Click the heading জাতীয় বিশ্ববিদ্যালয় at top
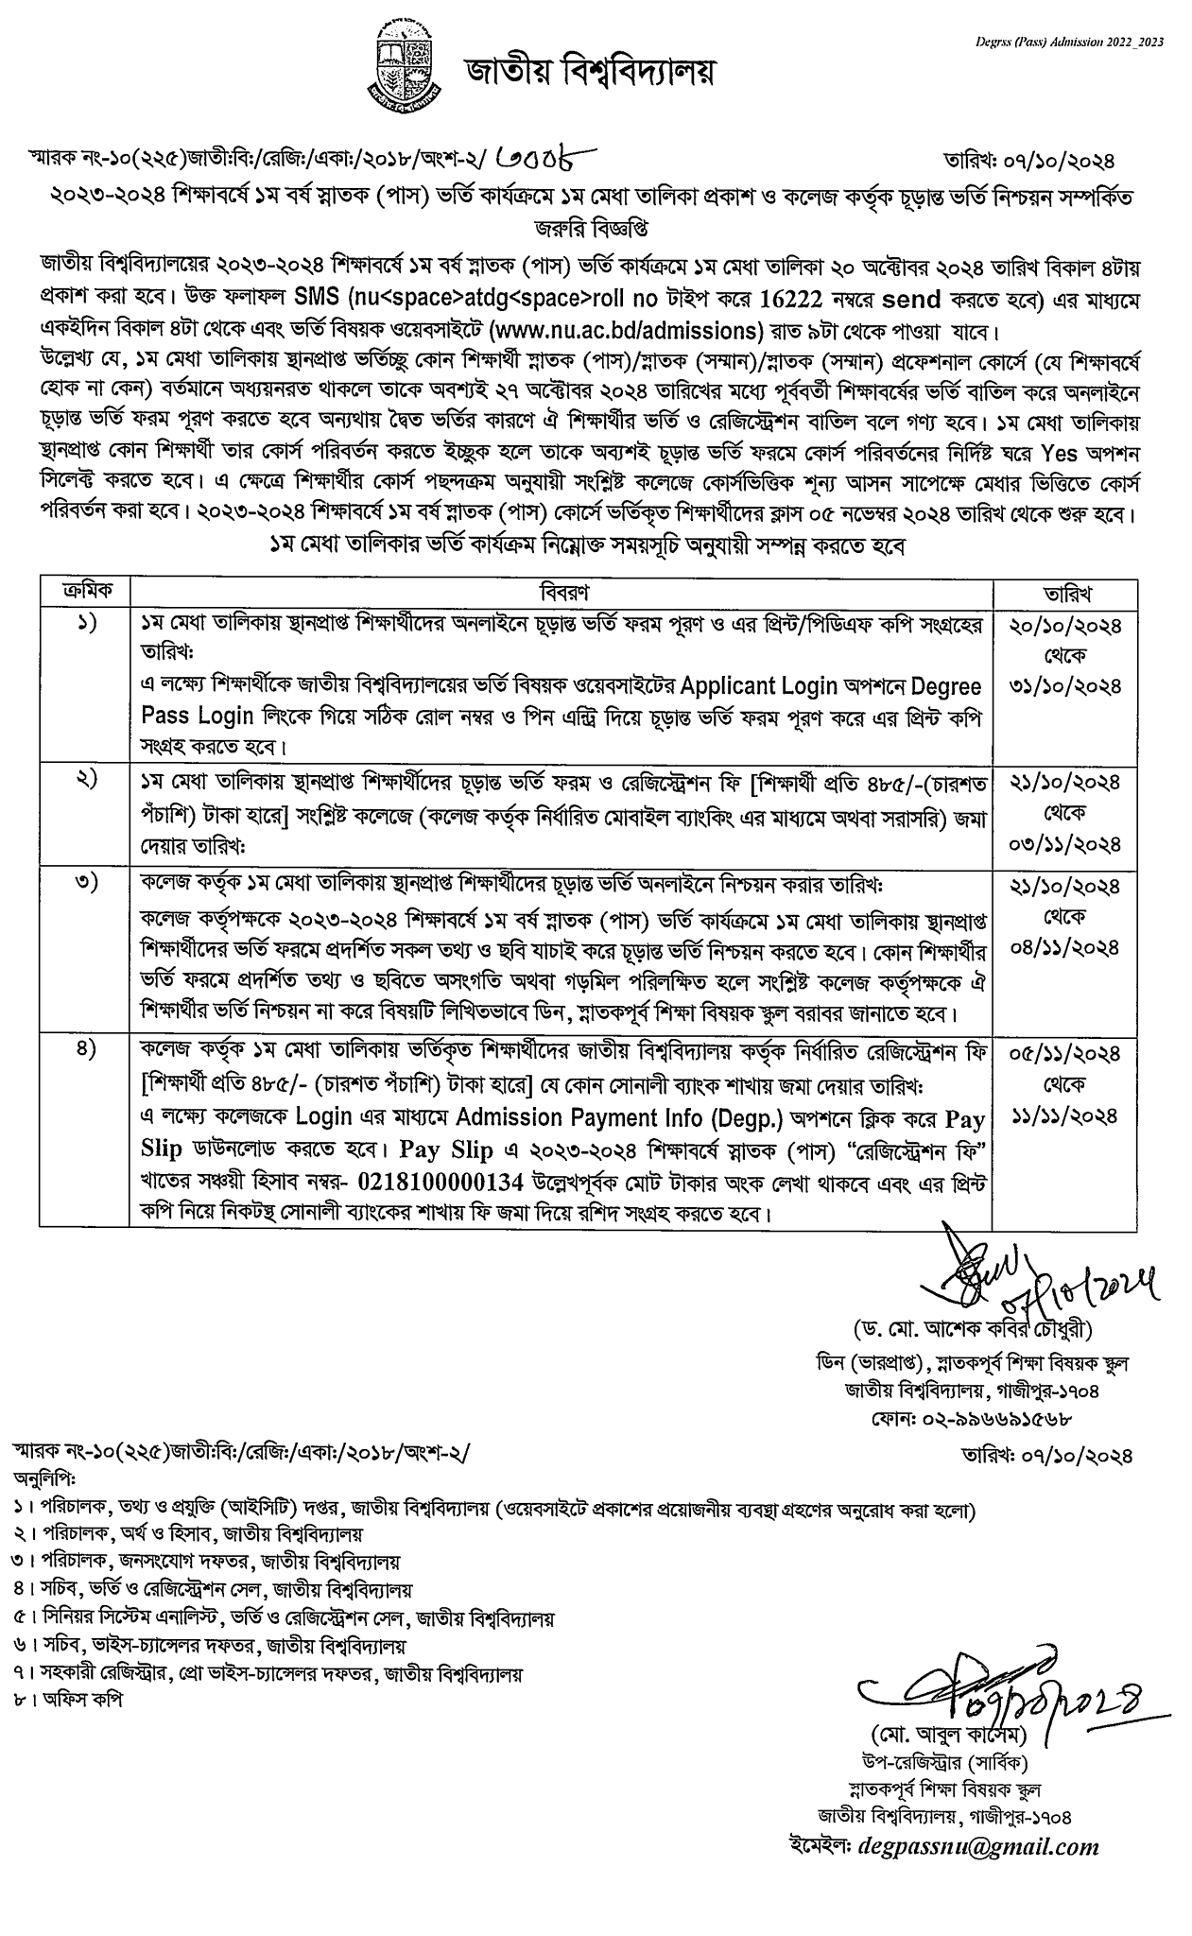(x=588, y=71)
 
